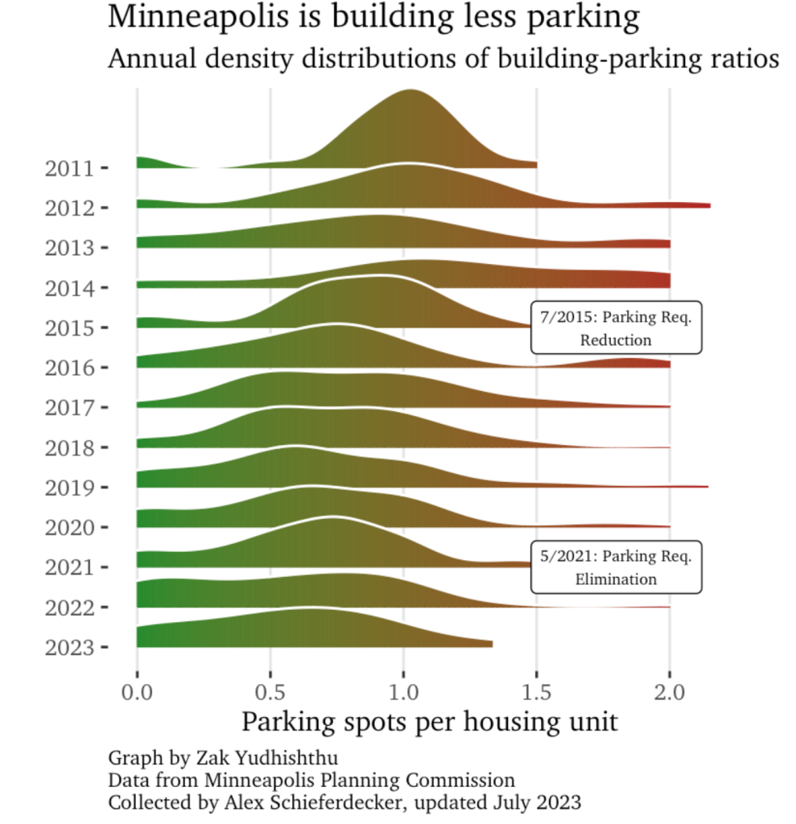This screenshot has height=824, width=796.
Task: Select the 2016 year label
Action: pos(68,368)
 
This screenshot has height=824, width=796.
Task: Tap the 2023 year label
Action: pos(68,647)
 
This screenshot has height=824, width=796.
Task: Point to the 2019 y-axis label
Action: pos(68,488)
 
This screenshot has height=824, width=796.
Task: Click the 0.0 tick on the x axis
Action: pos(137,691)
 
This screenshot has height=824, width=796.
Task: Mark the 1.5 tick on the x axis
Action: pos(537,691)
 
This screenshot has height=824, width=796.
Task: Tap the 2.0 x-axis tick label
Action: pos(670,691)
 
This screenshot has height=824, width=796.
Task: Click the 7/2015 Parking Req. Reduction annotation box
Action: pos(616,328)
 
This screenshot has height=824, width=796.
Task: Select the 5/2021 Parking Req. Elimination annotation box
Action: pos(616,567)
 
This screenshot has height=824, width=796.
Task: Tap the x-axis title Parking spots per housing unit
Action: pos(429,721)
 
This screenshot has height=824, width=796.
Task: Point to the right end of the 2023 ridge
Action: pos(490,643)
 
